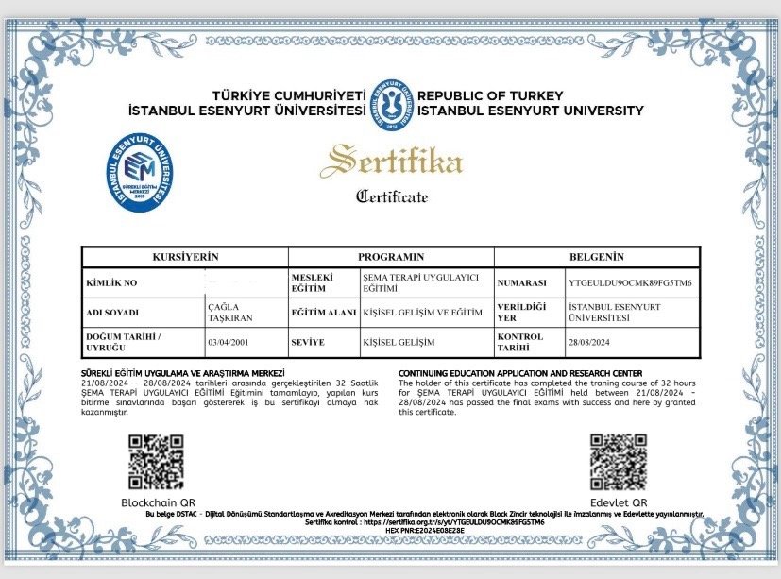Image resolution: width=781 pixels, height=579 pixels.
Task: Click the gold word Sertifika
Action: click(391, 161)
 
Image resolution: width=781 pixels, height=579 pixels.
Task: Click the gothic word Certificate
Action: click(391, 196)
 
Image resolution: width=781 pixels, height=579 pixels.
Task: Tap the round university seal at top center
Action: click(390, 103)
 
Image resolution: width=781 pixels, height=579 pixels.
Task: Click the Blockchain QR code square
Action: click(157, 462)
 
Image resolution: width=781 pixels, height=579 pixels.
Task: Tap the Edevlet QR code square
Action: click(619, 462)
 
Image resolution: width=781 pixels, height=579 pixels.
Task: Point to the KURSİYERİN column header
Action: click(185, 257)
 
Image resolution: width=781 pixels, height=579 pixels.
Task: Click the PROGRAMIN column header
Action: click(391, 257)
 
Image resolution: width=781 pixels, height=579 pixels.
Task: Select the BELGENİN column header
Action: click(597, 257)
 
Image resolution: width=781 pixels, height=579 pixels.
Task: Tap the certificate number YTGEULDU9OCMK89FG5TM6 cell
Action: click(630, 282)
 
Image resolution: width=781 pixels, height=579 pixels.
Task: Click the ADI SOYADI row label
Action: click(112, 312)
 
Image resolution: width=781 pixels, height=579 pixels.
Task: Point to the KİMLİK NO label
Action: click(111, 282)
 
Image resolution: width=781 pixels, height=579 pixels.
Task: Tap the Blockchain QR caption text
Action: click(158, 502)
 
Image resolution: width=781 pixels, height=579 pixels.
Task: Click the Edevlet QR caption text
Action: click(619, 502)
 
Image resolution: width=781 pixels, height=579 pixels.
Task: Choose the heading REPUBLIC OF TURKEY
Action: click(490, 96)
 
